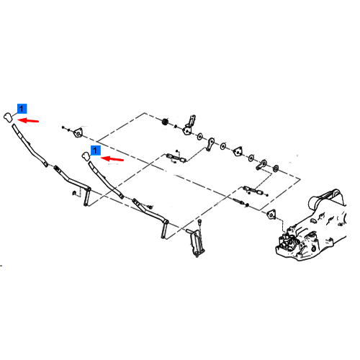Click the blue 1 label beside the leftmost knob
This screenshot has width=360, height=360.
(22, 109)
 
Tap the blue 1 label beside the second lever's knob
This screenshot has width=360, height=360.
(96, 150)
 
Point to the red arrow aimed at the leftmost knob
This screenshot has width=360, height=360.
(28, 120)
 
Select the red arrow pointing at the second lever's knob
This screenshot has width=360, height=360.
(112, 159)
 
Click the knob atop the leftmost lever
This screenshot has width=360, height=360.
(8, 117)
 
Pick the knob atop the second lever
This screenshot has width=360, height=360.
(86, 156)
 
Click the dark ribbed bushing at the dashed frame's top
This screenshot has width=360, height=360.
(165, 122)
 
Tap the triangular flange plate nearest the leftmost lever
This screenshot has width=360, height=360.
(78, 132)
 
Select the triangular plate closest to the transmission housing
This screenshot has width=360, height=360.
(271, 214)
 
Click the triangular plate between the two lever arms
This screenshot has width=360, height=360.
(238, 151)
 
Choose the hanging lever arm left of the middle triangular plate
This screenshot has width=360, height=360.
(210, 144)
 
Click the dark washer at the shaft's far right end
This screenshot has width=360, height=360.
(276, 168)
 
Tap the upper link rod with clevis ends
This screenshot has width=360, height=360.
(176, 158)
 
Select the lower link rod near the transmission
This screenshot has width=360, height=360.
(253, 190)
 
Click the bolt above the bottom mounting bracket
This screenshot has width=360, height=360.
(199, 223)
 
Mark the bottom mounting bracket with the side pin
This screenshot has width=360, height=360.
(197, 243)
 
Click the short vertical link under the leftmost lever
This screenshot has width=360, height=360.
(87, 197)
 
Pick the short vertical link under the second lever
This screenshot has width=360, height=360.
(165, 229)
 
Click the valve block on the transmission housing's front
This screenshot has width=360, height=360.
(288, 241)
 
